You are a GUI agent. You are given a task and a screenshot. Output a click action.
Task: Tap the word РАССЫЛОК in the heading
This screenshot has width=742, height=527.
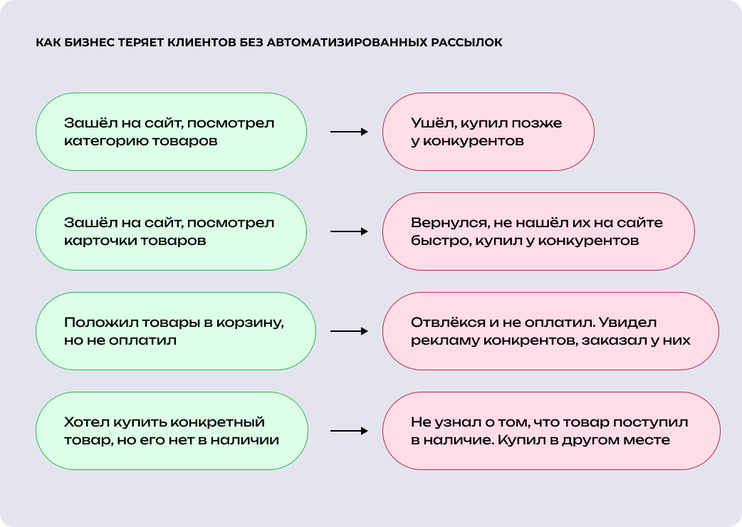(467, 43)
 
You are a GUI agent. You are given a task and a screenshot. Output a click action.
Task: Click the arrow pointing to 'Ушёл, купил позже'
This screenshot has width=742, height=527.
(349, 132)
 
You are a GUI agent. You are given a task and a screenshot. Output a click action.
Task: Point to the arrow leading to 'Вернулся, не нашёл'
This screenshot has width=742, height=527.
(349, 231)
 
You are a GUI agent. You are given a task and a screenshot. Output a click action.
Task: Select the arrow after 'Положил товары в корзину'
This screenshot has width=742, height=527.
(349, 331)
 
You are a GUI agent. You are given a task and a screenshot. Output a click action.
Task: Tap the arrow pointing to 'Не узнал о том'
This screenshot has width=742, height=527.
(349, 431)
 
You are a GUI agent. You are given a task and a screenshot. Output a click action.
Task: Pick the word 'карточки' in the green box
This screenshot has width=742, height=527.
(95, 241)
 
